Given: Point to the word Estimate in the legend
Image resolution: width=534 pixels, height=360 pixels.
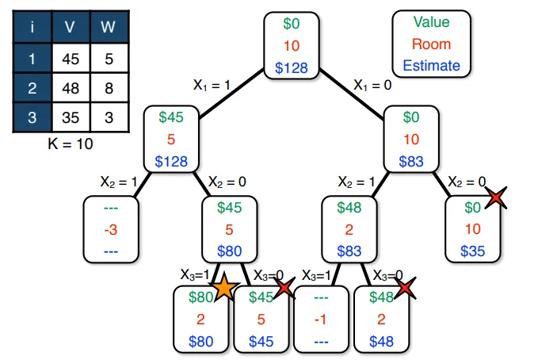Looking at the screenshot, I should click(431, 66).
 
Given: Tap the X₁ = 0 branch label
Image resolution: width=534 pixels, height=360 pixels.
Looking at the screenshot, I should click(372, 83).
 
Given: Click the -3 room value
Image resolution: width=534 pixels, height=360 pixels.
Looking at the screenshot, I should click(112, 230).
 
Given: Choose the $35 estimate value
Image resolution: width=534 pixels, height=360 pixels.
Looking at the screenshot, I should click(473, 251).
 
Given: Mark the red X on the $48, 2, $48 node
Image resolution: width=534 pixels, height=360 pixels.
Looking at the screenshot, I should click(406, 287).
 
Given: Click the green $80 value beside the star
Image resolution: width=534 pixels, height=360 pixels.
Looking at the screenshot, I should click(201, 299).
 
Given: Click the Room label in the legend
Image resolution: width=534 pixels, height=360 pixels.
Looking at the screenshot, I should click(431, 45).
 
